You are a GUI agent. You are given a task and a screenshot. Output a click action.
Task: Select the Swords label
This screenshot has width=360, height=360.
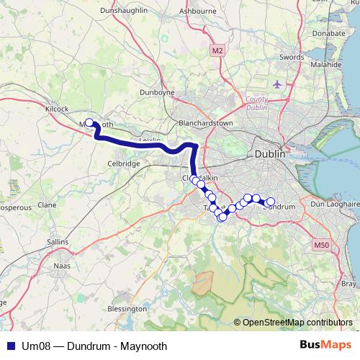(292, 56)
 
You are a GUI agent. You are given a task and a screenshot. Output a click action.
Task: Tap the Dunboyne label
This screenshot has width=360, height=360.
(158, 93)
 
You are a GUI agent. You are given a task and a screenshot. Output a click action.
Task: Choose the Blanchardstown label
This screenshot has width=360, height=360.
(206, 124)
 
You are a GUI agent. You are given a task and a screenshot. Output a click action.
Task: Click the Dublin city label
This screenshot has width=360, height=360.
(270, 154)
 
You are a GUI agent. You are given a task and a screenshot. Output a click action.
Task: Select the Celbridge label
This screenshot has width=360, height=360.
(123, 164)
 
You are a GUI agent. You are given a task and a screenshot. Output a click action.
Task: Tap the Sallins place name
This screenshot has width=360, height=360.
(58, 242)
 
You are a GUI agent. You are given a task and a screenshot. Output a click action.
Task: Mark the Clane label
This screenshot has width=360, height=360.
(47, 204)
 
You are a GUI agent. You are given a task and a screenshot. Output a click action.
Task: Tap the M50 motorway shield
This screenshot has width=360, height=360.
(321, 246)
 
